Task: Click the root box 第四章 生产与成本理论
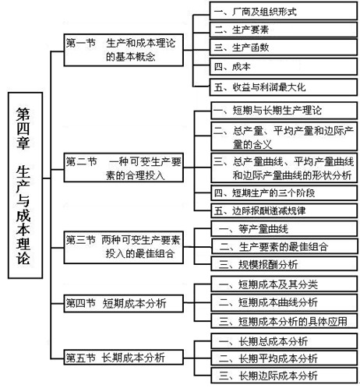click(x=25, y=185)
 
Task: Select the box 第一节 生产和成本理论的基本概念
click(x=124, y=50)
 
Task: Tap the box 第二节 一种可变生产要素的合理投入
click(x=124, y=168)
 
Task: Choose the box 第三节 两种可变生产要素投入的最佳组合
click(x=124, y=247)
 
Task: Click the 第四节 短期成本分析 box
click(x=124, y=303)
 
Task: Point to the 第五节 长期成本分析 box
click(x=124, y=357)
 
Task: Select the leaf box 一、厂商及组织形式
click(x=284, y=11)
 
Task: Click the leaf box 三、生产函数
click(x=284, y=48)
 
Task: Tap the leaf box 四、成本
click(x=284, y=67)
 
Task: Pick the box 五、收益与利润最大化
click(x=284, y=87)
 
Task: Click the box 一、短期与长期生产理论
click(x=284, y=111)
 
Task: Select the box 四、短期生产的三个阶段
click(x=284, y=192)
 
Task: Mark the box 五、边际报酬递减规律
click(x=284, y=210)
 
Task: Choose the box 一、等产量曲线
click(x=284, y=228)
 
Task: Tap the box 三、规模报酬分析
click(x=284, y=264)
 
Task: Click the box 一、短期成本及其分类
click(x=284, y=284)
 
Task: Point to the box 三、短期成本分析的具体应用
click(x=284, y=321)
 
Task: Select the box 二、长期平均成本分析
click(x=284, y=358)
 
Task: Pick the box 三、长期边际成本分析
click(x=284, y=376)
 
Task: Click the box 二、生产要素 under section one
click(x=284, y=30)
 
